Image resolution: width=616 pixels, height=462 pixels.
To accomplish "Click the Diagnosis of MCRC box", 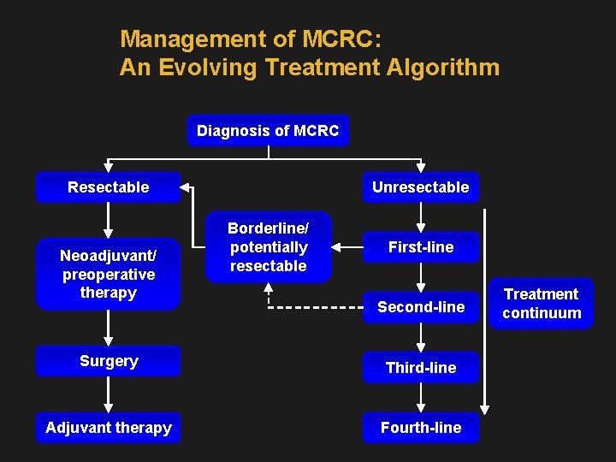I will click(268, 131).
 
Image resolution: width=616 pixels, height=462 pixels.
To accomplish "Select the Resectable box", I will click(109, 187).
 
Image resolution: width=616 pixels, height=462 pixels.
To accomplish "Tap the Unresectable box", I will click(420, 187).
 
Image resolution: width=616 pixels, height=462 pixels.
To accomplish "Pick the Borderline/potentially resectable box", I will click(268, 247).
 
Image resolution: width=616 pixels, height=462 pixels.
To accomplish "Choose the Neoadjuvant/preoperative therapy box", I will click(109, 274).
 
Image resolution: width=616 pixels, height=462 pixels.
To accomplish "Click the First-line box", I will click(420, 247).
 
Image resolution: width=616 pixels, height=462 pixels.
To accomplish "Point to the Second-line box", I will click(420, 307).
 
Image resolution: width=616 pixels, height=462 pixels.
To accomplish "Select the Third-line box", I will click(420, 368).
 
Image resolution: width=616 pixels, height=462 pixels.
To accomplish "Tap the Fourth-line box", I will click(420, 428).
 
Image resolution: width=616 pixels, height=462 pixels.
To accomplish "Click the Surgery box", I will click(109, 361).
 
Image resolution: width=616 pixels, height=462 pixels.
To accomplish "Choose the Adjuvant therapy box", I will click(109, 428).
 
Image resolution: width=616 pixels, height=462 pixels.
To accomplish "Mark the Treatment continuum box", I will click(542, 304).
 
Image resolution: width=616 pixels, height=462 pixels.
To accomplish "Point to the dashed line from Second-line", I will click(317, 306).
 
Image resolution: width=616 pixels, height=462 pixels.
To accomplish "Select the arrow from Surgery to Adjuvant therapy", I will click(109, 394).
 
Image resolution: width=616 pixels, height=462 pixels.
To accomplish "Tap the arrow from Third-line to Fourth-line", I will click(421, 397).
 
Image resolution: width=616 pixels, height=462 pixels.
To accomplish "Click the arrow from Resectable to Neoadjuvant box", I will click(109, 220).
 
